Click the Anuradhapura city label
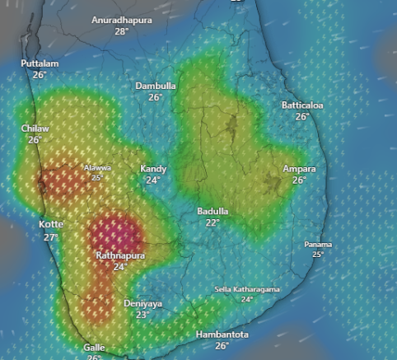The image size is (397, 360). click(122, 20)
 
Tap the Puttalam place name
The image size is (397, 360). click(39, 63)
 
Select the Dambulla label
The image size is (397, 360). click(156, 86)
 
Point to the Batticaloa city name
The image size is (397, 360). click(302, 105)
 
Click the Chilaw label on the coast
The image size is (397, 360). click(35, 129)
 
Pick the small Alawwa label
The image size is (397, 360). click(97, 168)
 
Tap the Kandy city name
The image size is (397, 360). click(153, 169)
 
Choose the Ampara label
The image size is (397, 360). click(299, 169)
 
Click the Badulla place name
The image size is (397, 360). click(213, 212)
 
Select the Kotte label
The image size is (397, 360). click(51, 225)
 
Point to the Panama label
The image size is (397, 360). click(318, 245)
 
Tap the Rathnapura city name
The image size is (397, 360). click(120, 256)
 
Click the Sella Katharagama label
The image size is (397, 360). click(247, 289)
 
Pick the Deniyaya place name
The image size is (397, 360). click(142, 304)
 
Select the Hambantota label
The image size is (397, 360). click(222, 334)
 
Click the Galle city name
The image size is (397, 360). click(94, 348)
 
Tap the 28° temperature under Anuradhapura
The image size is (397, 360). click(122, 31)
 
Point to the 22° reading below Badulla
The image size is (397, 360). click(213, 222)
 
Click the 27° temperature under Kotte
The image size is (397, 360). click(51, 237)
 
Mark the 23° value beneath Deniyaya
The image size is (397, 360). click(142, 315)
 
